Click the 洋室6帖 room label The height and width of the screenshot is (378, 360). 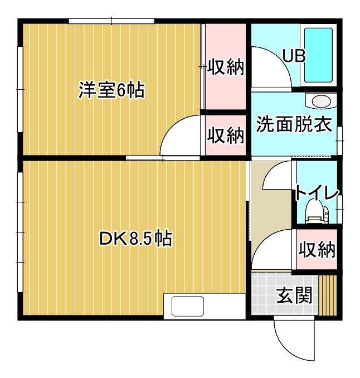click(111, 90)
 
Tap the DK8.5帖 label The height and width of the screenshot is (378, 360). click(135, 239)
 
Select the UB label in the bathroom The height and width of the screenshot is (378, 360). click(294, 56)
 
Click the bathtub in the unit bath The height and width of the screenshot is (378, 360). click(318, 55)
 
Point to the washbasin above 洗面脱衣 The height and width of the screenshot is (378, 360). click(321, 101)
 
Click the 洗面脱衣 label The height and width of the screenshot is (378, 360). click(294, 124)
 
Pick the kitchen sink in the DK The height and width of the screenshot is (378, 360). click(188, 306)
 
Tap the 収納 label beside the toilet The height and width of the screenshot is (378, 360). click(317, 249)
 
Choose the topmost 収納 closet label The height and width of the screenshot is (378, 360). click(226, 66)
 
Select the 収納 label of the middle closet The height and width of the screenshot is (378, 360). click(226, 135)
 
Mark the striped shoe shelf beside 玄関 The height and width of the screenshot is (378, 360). click(328, 295)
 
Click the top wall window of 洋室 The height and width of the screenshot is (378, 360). click(111, 21)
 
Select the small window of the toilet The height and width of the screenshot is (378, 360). click(339, 209)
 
